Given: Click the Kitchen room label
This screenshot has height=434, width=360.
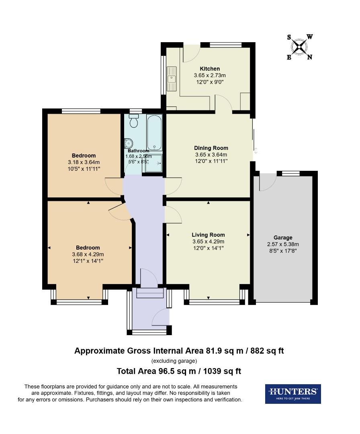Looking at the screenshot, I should [x=210, y=69].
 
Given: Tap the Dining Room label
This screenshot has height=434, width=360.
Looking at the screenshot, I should [x=211, y=148].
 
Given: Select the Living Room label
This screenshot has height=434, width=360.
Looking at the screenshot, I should [x=208, y=235].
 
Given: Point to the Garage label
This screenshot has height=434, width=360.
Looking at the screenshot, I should [x=283, y=237].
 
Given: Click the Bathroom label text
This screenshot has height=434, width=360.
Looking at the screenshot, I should [x=139, y=151].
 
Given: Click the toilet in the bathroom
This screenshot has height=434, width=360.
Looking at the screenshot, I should [x=133, y=120].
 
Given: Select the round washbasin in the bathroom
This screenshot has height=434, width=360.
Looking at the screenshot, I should [x=129, y=143].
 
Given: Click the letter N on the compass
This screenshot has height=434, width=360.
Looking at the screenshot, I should [x=309, y=57].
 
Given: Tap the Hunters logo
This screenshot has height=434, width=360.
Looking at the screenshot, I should [x=292, y=393].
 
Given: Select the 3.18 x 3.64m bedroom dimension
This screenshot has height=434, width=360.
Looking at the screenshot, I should [x=84, y=162].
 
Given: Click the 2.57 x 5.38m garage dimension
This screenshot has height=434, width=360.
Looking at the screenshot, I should [x=283, y=244].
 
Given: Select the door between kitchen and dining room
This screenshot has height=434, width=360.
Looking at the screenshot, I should [x=223, y=103].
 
